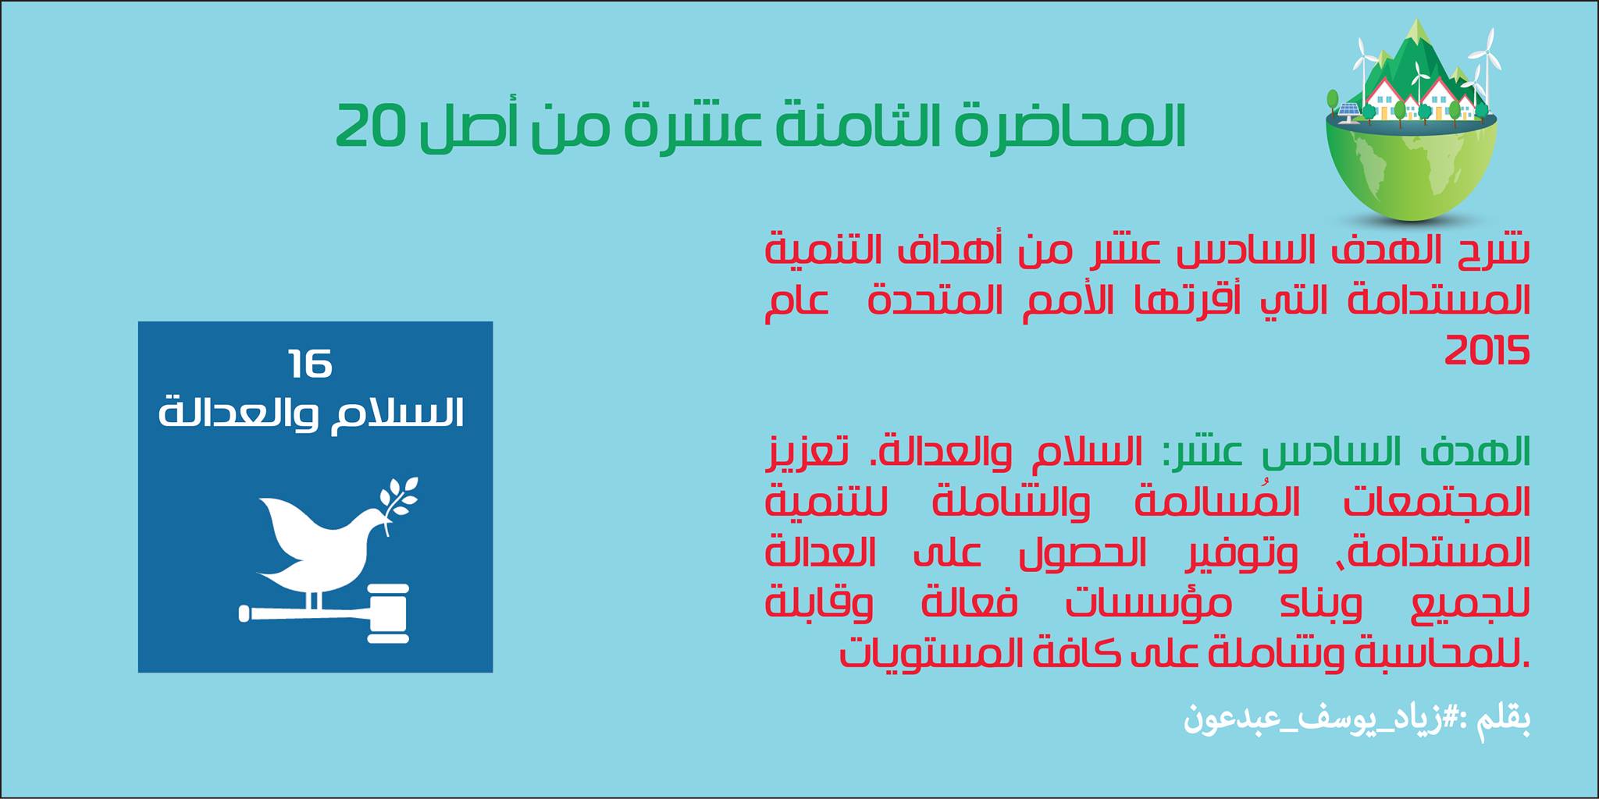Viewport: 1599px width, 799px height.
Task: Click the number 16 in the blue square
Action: [x=310, y=364]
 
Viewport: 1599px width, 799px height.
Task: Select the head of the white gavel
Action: [x=388, y=613]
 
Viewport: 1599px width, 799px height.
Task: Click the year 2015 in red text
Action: [x=1487, y=352]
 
